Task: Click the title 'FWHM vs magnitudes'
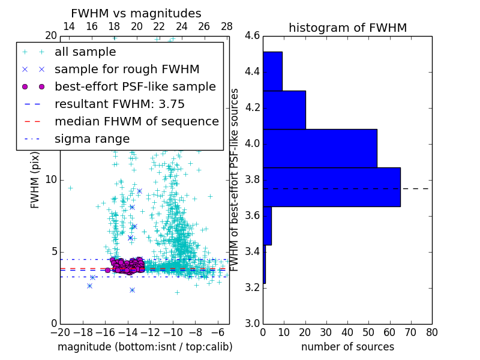(x=136, y=13)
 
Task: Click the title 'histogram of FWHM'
(x=347, y=28)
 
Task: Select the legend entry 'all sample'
(x=85, y=52)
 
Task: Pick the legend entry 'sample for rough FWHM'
(x=127, y=69)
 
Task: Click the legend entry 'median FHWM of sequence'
(x=136, y=121)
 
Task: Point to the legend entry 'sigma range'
(x=92, y=139)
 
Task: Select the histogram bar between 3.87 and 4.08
(x=320, y=148)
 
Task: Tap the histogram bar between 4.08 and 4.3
(x=284, y=110)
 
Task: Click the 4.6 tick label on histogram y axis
(x=252, y=36)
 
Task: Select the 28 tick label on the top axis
(x=227, y=26)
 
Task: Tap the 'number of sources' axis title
(x=347, y=347)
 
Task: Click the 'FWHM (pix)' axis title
(x=35, y=179)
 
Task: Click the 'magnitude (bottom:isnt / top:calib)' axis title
(x=145, y=347)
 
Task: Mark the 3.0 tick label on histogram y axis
(x=252, y=323)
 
